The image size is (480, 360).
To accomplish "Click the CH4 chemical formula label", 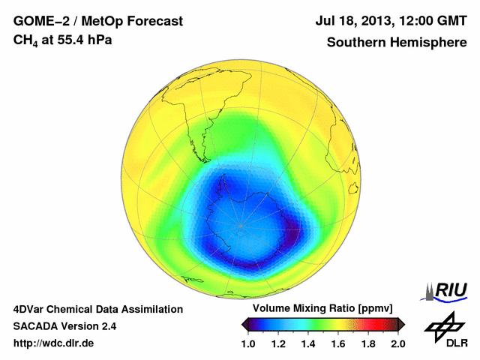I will point(25,40).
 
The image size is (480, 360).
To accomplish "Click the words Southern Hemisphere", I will point(396,42).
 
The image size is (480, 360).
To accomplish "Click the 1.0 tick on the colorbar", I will point(248,343).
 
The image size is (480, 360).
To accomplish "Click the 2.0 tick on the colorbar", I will point(398,343).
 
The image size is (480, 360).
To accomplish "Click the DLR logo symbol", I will point(445,324).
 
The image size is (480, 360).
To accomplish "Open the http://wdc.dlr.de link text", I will point(53,343).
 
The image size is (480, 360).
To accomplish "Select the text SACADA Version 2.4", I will point(64,326).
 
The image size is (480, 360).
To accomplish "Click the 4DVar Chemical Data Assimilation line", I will point(97,309).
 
